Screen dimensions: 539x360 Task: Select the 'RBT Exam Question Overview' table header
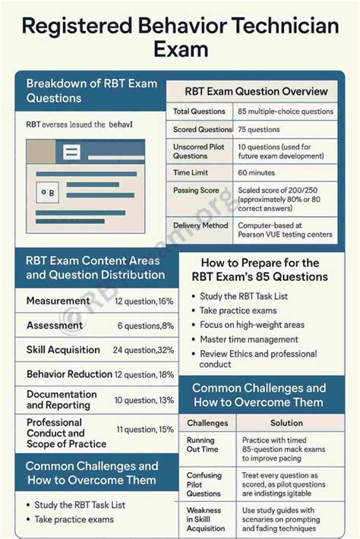click(x=256, y=91)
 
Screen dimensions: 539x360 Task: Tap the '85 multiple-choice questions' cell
click(x=285, y=112)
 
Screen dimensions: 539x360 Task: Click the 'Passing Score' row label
click(x=196, y=191)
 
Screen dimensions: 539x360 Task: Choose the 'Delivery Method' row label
click(x=201, y=225)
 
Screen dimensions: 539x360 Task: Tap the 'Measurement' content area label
click(x=58, y=301)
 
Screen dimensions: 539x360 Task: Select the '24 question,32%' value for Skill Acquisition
click(x=144, y=350)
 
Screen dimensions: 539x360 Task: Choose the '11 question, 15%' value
click(x=145, y=429)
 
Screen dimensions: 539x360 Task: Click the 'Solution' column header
click(x=286, y=423)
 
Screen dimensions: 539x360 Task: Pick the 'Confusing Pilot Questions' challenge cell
click(x=204, y=484)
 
